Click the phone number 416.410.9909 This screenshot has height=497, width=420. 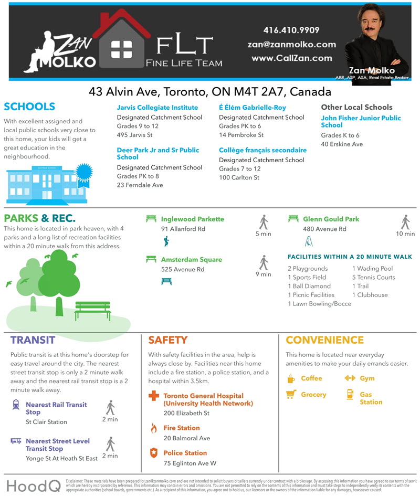(x=291, y=30)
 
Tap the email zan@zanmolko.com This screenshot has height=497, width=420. (x=291, y=45)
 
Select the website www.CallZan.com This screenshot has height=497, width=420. (x=291, y=58)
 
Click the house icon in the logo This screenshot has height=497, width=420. (x=121, y=44)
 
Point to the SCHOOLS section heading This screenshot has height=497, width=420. (x=29, y=107)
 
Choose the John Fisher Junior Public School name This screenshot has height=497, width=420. (x=360, y=121)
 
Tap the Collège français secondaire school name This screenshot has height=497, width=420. (x=262, y=150)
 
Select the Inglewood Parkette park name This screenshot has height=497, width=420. (x=192, y=219)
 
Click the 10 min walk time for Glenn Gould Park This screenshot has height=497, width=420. (x=405, y=234)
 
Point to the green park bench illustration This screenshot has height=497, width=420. (x=92, y=310)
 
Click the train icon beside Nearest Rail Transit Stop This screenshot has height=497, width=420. (x=16, y=405)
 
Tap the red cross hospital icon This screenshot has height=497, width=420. (x=153, y=396)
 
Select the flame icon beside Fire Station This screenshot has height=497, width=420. (x=153, y=428)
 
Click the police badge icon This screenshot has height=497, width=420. (x=153, y=452)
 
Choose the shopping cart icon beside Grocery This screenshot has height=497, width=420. (x=291, y=394)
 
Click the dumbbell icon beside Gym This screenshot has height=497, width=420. (x=350, y=378)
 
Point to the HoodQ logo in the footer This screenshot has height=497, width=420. (x=33, y=485)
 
